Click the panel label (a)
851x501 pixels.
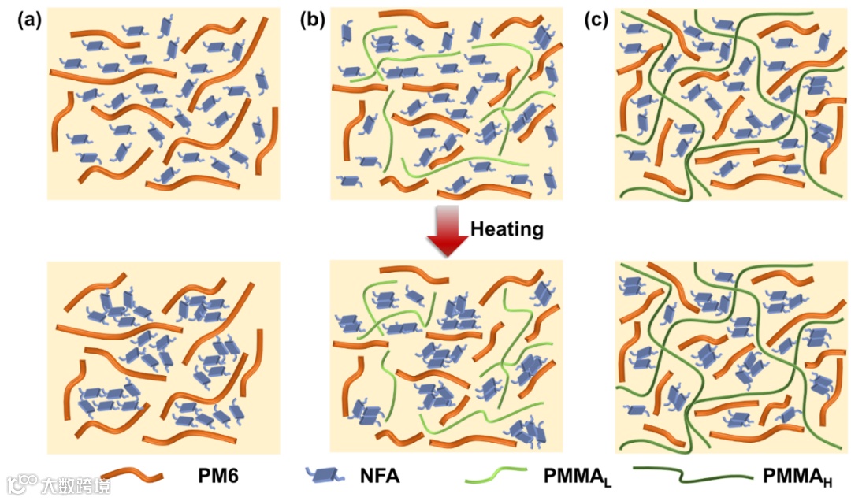(29, 21)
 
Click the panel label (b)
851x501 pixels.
(313, 21)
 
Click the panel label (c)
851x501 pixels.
(596, 21)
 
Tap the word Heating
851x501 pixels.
(507, 229)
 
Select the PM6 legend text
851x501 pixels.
(218, 476)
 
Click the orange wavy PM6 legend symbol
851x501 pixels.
(132, 476)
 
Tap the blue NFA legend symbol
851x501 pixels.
(324, 476)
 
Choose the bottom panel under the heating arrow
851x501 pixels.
(446, 358)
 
